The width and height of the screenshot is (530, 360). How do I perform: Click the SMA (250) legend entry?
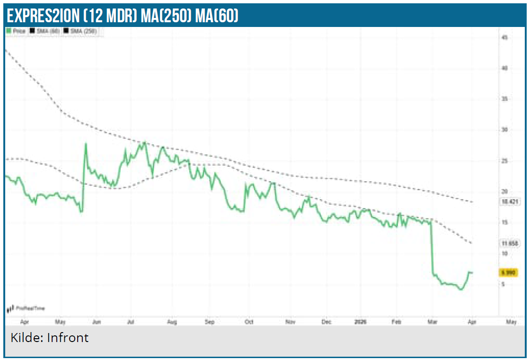83,30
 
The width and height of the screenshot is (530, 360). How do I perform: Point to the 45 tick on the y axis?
504,37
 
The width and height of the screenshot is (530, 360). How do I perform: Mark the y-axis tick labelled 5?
504,284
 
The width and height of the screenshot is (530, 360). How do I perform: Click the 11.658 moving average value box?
510,243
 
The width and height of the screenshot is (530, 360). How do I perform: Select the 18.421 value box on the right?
510,202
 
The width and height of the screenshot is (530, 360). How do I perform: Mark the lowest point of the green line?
460,290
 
